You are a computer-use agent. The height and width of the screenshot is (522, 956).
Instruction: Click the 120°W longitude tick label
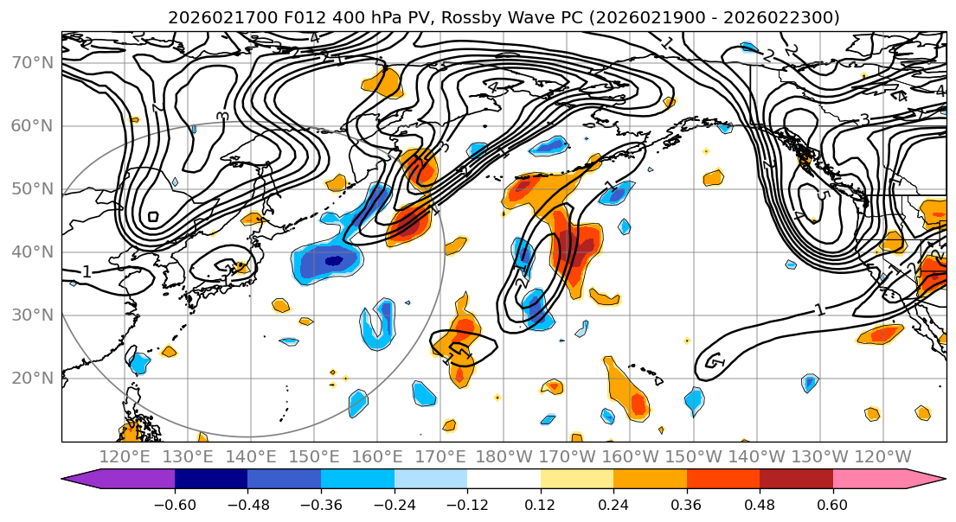882,456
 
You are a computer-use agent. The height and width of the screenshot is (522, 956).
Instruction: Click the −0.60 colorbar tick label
175,504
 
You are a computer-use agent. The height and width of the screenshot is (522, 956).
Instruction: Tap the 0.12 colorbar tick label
541,504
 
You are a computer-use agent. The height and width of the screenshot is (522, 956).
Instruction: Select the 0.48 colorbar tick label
760,504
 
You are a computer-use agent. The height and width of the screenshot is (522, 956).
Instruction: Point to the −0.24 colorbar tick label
394,504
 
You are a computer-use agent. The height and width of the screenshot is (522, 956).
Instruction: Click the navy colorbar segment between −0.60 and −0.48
211,480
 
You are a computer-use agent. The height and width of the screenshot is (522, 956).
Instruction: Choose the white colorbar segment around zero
504,480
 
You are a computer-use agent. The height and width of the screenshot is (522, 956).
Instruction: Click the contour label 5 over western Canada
822,195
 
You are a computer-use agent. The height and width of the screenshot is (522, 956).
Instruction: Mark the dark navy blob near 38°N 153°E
333,259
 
